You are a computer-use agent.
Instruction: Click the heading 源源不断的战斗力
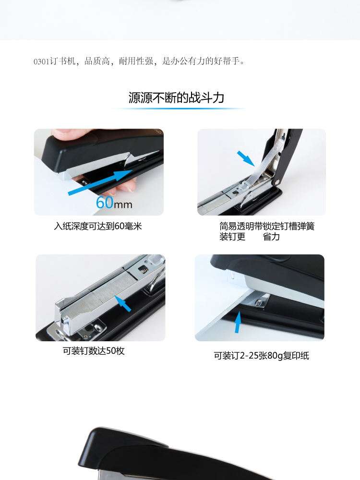pos(176,97)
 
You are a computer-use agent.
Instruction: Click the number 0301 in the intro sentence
pos(41,61)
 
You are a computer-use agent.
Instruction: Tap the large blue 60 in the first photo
pos(105,203)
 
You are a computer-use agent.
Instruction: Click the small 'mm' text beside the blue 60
pos(123,204)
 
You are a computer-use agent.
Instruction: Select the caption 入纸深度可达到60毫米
pos(98,226)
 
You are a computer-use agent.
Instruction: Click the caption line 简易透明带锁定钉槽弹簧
pos(267,226)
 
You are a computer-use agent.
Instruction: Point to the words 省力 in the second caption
pos(271,237)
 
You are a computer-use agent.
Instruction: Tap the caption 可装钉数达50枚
pos(94,351)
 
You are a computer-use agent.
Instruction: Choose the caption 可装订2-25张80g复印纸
pos(262,356)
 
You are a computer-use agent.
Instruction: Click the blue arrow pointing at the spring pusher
pos(246,158)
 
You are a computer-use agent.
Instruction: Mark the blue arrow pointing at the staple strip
pos(123,303)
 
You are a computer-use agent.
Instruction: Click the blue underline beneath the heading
pos(180,108)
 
